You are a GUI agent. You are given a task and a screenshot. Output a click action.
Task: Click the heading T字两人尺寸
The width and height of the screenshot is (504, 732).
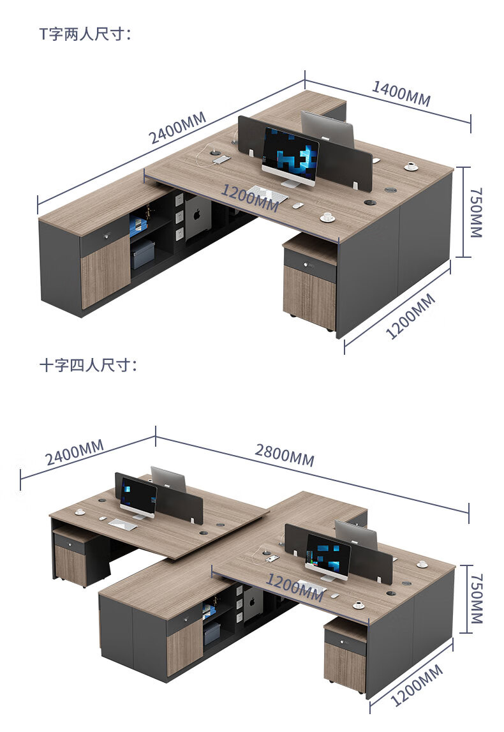pyautogui.click(x=85, y=34)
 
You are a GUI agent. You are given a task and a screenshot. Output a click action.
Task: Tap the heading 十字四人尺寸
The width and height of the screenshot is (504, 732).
pyautogui.click(x=89, y=364)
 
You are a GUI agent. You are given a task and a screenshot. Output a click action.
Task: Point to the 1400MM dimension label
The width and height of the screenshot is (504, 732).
pyautogui.click(x=401, y=93)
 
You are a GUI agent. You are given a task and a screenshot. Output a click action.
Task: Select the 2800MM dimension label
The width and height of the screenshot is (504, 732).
pyautogui.click(x=285, y=455)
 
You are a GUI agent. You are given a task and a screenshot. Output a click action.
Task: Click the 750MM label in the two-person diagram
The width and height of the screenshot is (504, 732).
pyautogui.click(x=475, y=213)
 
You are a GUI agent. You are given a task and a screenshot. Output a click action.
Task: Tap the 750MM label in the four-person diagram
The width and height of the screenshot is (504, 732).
pyautogui.click(x=475, y=599)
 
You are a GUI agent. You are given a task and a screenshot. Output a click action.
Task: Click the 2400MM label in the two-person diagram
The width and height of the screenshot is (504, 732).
pyautogui.click(x=177, y=128)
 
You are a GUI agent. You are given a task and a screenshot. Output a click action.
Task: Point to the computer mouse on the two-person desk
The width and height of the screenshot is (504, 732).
pyautogui.click(x=297, y=205)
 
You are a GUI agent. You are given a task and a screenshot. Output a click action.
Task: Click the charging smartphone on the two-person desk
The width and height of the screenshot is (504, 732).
pyautogui.click(x=221, y=160)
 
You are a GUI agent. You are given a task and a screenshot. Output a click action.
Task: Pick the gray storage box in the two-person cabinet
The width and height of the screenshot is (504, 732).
pyautogui.click(x=142, y=254)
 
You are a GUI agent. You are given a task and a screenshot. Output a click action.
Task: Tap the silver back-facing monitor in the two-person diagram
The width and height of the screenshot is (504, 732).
pyautogui.click(x=327, y=129)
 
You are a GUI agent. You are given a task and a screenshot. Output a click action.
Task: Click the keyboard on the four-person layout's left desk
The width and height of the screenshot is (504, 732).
pyautogui.click(x=122, y=525)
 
